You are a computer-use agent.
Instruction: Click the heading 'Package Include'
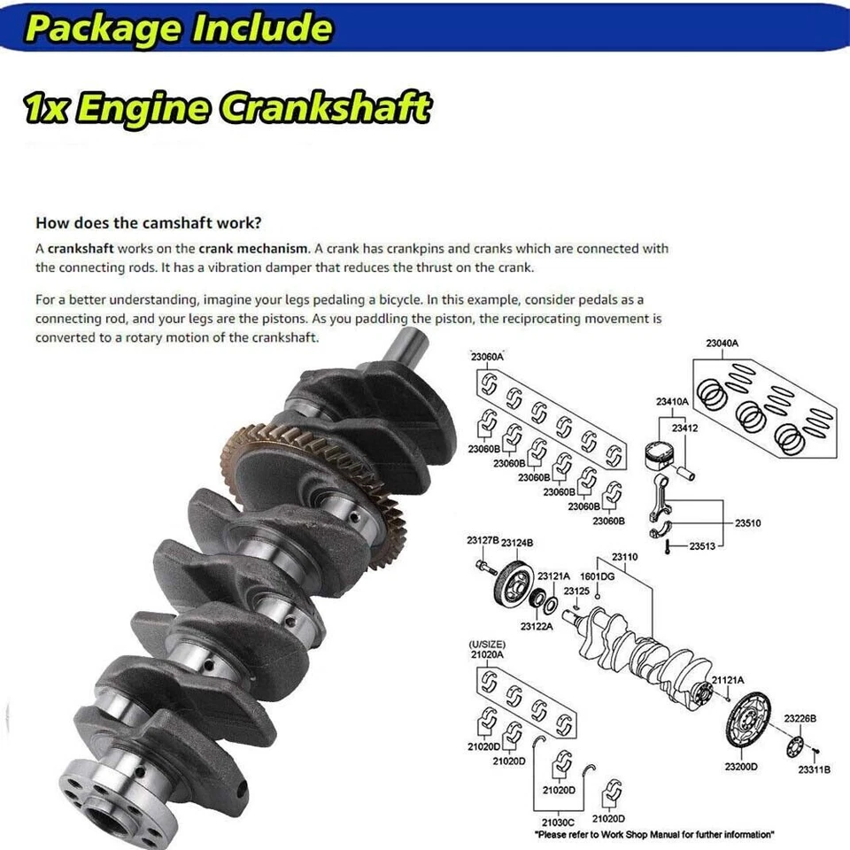click(x=177, y=28)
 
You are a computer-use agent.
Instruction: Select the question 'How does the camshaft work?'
click(x=148, y=223)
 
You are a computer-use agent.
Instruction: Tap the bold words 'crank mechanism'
click(x=253, y=249)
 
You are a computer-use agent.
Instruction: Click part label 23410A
click(x=672, y=401)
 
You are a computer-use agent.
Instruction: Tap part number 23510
click(x=748, y=523)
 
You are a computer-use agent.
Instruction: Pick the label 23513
click(x=703, y=545)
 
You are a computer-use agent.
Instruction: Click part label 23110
click(x=624, y=558)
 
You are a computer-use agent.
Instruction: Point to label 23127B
click(x=483, y=539)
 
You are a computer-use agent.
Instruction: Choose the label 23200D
click(x=741, y=766)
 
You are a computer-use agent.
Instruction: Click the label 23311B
click(x=814, y=769)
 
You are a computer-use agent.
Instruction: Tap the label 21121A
click(x=728, y=679)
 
